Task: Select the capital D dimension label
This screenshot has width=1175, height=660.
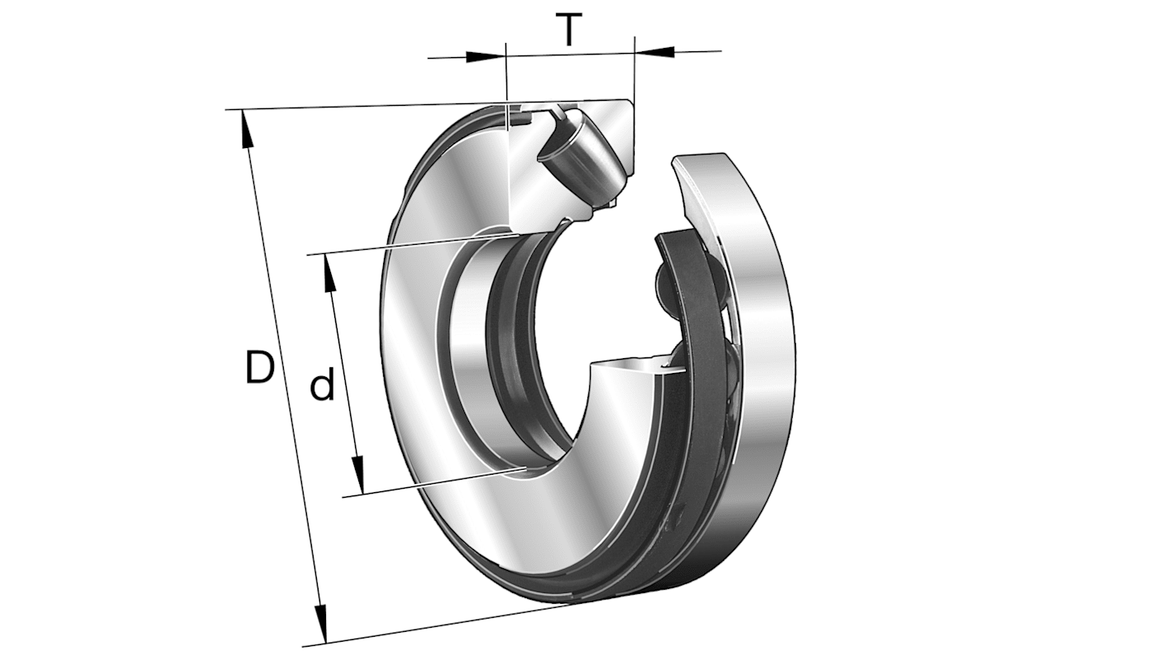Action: (259, 367)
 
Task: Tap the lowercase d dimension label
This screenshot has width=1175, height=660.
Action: (322, 386)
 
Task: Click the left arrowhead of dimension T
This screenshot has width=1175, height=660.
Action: (486, 57)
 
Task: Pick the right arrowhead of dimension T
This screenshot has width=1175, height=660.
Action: (655, 52)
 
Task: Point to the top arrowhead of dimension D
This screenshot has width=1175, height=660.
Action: (246, 128)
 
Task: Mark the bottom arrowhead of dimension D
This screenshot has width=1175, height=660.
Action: (321, 624)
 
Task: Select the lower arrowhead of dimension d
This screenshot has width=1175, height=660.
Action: (358, 475)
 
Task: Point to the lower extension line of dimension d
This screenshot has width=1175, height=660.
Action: (430, 484)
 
